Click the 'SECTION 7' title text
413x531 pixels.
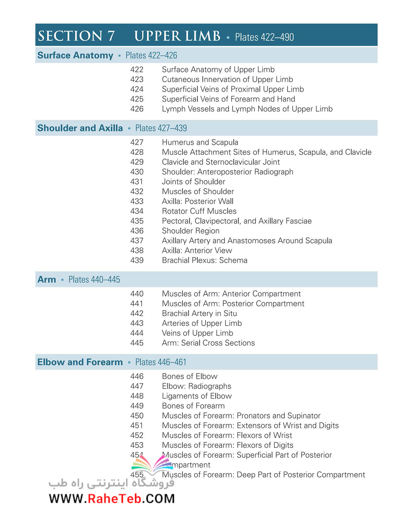click(76, 36)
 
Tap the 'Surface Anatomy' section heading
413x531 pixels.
click(75, 55)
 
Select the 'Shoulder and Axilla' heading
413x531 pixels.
click(80, 128)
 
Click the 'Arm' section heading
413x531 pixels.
click(47, 280)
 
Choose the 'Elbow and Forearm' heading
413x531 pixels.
click(80, 362)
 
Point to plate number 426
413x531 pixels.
click(137, 109)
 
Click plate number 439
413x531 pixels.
click(137, 260)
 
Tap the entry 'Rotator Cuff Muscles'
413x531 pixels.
click(199, 211)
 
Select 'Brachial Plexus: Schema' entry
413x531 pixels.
click(204, 260)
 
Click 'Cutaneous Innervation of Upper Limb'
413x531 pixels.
click(227, 79)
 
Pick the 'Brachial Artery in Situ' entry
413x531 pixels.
click(199, 313)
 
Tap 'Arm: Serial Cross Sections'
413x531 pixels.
click(208, 343)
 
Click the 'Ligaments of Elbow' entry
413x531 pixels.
click(197, 396)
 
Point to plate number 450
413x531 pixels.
click(137, 416)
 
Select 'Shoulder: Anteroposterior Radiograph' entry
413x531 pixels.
click(227, 172)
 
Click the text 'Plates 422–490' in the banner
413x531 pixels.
click(264, 37)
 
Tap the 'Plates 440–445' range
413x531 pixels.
click(94, 280)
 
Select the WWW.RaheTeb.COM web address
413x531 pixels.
click(112, 499)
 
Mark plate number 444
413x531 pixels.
click(137, 333)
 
